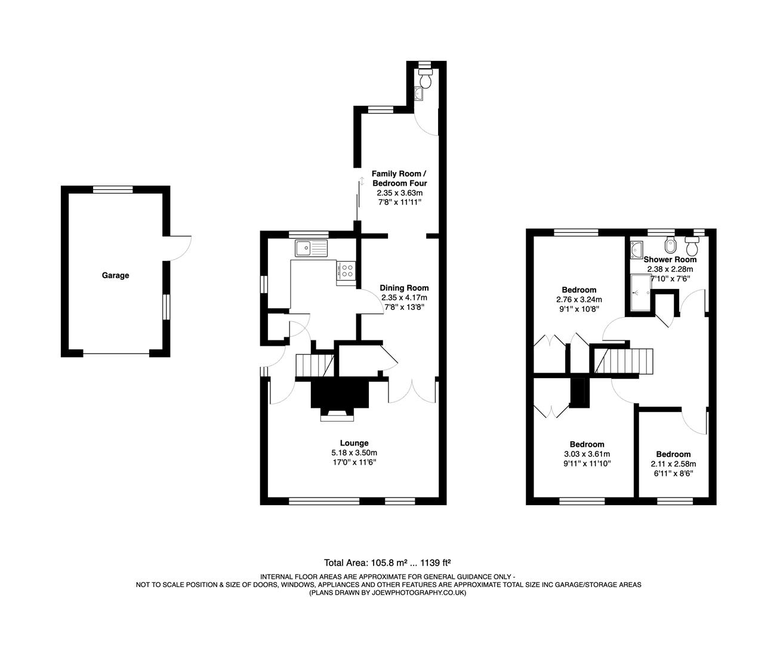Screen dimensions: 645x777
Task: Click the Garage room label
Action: pos(115,275)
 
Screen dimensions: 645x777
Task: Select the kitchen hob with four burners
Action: pos(346,271)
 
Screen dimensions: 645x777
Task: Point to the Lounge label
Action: pos(354,443)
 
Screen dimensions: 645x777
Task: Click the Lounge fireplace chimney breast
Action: pos(338,394)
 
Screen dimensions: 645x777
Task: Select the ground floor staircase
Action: pos(315,365)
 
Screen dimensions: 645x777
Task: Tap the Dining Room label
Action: pos(404,288)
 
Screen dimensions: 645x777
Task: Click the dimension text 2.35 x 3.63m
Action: pos(399,193)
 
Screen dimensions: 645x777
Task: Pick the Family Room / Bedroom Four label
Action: pos(399,178)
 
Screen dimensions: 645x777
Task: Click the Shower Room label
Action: pos(670,259)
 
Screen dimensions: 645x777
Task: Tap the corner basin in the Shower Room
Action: pos(637,247)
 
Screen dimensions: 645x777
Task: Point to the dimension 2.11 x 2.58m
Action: pos(673,463)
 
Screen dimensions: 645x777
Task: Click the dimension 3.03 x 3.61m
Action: pos(587,454)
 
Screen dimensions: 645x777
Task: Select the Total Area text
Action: pos(387,562)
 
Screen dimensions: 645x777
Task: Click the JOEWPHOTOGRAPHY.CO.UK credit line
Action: pos(387,592)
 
